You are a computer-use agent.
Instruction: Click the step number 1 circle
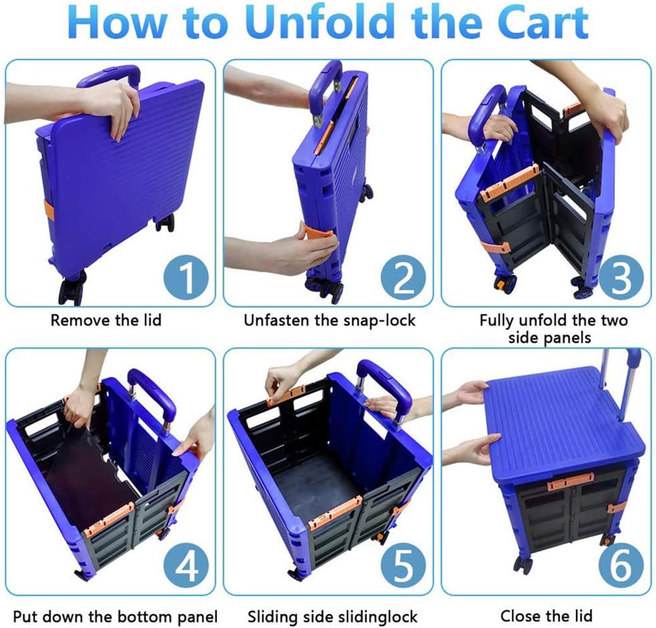186,277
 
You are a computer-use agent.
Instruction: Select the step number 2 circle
403,277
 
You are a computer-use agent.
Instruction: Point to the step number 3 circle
621,277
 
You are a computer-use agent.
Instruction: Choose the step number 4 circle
186,566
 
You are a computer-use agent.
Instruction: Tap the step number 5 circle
403,566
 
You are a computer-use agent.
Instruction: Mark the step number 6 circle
621,566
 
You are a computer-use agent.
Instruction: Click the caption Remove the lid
106,320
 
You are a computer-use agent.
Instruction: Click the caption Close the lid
546,616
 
